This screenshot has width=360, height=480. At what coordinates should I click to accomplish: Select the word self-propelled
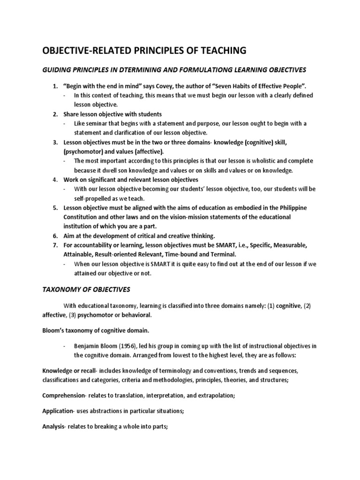pyautogui.click(x=93, y=198)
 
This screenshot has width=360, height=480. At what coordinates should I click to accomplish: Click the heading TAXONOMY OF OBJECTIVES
pyautogui.click(x=86, y=289)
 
